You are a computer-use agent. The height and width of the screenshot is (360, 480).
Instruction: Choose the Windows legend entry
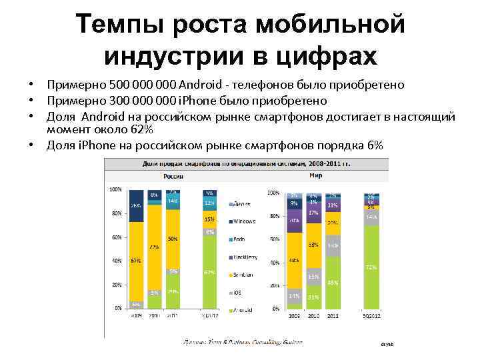(245, 221)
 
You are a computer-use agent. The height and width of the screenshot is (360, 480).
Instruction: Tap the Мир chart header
(316, 176)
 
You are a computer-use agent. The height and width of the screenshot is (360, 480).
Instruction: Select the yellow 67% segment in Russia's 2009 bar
(135, 261)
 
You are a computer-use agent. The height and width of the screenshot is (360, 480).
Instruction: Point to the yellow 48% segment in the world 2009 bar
(294, 260)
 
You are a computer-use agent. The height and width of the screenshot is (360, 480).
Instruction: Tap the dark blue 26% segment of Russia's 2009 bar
(135, 205)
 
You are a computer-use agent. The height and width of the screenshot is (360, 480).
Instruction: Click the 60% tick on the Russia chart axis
(116, 237)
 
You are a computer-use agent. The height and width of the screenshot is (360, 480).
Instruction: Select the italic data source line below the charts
(243, 342)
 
